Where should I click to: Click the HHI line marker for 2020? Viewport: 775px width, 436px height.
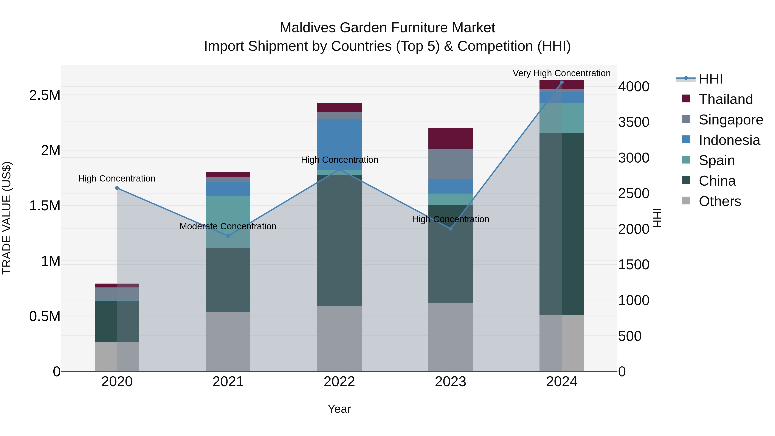click(117, 188)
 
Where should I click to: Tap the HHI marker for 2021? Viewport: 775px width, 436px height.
click(228, 236)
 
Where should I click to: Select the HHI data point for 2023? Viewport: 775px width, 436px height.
click(450, 229)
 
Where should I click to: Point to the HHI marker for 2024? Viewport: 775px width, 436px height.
click(561, 82)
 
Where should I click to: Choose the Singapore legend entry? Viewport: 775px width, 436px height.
click(730, 120)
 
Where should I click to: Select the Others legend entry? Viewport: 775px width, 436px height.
click(720, 201)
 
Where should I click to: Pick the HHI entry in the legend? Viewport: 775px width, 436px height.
click(710, 79)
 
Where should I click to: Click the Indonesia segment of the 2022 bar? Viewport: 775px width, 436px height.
click(339, 144)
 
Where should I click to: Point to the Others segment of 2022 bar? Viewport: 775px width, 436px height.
click(339, 338)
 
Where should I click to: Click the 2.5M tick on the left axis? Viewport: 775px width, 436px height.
click(45, 95)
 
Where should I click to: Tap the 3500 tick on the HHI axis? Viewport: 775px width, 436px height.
click(634, 122)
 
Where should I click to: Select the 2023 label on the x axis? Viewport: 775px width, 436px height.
click(450, 382)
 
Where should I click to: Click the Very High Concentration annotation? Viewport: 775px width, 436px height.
click(561, 73)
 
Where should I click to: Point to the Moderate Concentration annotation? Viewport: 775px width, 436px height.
click(228, 226)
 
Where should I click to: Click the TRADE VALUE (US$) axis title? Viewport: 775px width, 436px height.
click(7, 218)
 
